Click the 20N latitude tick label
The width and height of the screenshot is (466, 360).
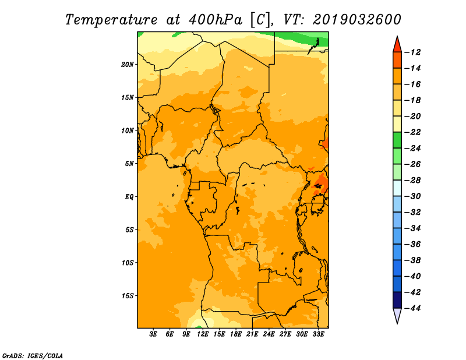(127, 65)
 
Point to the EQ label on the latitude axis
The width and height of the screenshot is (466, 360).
(129, 197)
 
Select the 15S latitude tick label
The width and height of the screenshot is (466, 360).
(128, 296)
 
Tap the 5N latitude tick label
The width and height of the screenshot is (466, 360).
(129, 164)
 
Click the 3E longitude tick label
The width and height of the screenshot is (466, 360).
(153, 334)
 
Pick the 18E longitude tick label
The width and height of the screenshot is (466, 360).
(236, 334)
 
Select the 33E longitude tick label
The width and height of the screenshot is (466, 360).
(318, 334)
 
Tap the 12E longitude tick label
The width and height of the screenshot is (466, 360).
(203, 334)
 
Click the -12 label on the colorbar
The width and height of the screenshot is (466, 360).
(412, 52)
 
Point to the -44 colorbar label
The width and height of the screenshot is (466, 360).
(412, 308)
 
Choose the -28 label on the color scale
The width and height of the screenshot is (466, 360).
(412, 180)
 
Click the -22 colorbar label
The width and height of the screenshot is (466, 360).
(412, 132)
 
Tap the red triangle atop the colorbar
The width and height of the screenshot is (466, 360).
(397, 45)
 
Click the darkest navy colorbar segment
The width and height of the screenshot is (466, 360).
(397, 300)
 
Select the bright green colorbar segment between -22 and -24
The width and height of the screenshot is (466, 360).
(397, 140)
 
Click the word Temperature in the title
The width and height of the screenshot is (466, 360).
(111, 20)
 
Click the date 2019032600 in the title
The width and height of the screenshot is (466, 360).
(357, 20)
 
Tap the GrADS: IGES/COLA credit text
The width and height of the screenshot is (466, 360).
(33, 356)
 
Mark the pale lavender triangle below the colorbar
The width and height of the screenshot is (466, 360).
(397, 315)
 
